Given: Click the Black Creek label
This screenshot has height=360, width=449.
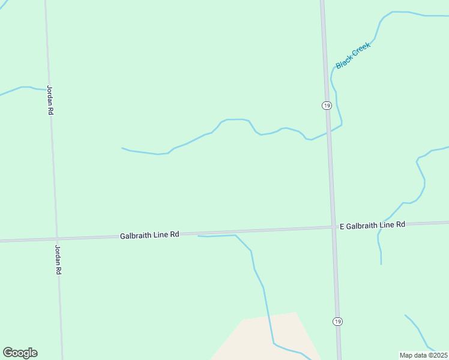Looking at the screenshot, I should pos(354,55).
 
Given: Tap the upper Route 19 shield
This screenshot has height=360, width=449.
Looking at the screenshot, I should pos(326,106).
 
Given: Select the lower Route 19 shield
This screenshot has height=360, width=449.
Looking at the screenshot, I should pos(337,322).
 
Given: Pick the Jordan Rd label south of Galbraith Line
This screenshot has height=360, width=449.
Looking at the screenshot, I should pos(58,259).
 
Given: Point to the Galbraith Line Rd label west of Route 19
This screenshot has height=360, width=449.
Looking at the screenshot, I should pos(149,235).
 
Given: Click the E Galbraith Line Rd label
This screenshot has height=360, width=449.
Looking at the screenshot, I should pos(372,225).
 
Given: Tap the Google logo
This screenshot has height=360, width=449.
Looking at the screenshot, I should pos(20,353).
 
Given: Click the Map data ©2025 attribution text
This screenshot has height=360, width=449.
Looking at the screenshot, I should pos(423,355).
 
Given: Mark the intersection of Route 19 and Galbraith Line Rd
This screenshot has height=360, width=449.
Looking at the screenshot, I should pos(333,227).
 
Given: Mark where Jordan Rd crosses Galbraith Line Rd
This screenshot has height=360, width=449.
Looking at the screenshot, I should pos(57,238).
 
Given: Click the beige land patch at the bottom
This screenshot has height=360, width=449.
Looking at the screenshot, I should pos(258,336).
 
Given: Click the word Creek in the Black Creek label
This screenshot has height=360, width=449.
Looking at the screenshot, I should pos(361,50).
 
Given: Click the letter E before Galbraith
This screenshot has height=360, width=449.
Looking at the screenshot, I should pos(342,226).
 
